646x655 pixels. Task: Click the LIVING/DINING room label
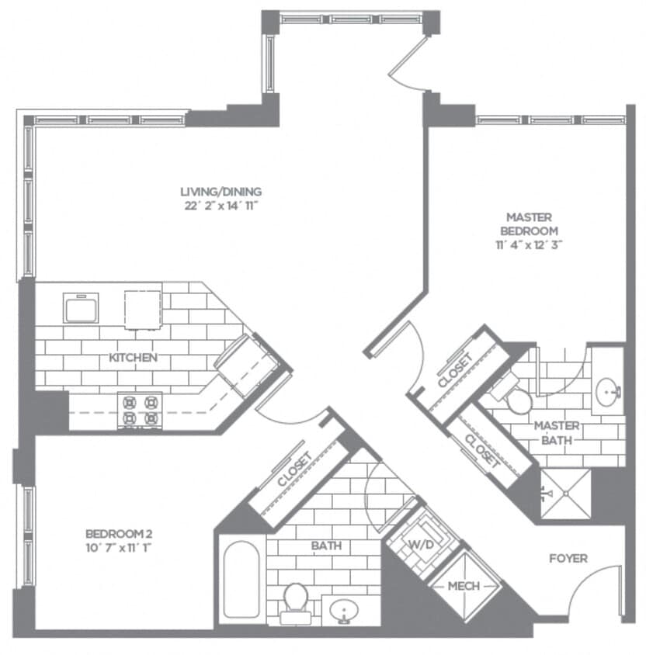221,192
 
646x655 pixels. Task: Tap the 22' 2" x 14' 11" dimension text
221,206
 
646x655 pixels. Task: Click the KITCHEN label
134,358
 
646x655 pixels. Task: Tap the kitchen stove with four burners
139,411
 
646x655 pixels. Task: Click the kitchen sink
80,308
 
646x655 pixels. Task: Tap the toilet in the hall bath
296,601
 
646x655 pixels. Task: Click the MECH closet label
464,585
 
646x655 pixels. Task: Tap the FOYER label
568,558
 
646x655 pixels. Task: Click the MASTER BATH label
557,432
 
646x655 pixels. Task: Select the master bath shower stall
566,493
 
